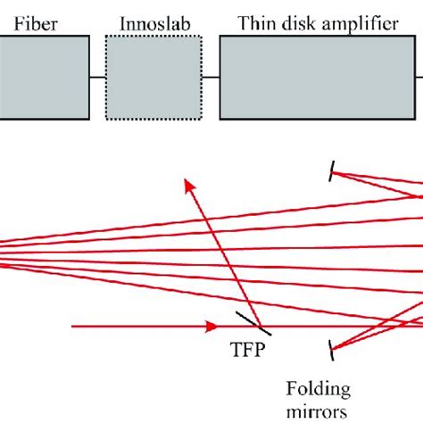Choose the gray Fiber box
point(45,78)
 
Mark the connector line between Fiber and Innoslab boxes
point(97,78)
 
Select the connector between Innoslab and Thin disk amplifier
point(211,78)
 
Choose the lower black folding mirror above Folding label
point(333,346)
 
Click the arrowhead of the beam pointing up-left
point(189,184)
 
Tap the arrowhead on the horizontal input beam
point(212,327)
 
